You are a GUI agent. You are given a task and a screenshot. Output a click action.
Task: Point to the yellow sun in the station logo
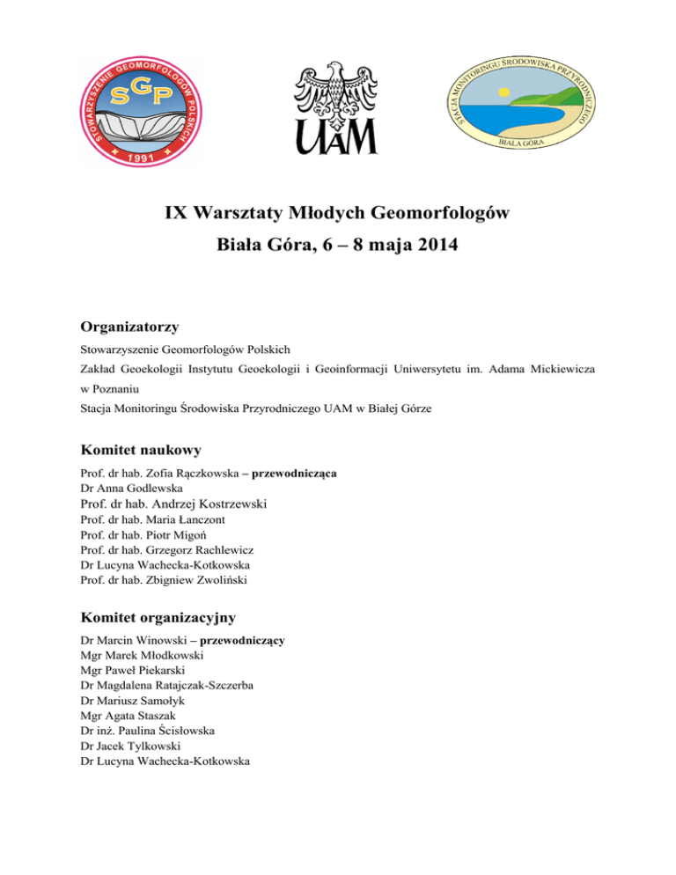[503, 92]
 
